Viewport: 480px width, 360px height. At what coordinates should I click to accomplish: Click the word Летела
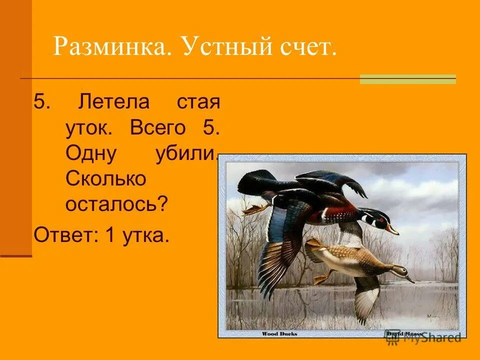pyautogui.click(x=113, y=102)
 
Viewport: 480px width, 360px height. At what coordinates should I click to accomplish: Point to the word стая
pyautogui.click(x=198, y=102)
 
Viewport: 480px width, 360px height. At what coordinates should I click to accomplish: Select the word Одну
pyautogui.click(x=91, y=153)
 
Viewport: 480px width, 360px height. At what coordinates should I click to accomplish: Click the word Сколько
pyautogui.click(x=105, y=178)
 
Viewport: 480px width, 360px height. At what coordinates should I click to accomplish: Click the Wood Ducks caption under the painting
pyautogui.click(x=279, y=333)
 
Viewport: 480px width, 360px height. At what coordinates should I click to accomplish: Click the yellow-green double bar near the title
pyautogui.click(x=408, y=79)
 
